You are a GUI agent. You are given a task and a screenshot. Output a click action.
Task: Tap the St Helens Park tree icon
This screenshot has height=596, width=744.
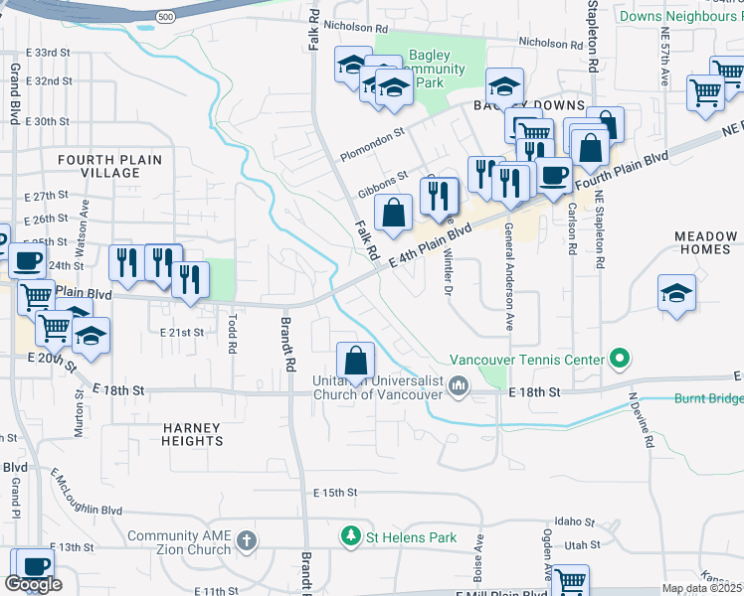350,538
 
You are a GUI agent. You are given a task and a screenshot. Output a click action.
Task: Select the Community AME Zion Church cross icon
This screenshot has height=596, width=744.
247,541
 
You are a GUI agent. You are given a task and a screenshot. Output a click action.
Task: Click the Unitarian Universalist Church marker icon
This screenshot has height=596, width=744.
459,385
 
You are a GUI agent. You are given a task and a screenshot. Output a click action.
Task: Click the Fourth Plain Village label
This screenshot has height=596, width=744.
98,166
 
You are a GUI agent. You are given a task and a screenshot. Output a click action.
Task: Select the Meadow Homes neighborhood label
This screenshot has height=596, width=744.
704,242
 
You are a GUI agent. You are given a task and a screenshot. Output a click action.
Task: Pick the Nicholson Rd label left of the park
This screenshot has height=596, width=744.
353,29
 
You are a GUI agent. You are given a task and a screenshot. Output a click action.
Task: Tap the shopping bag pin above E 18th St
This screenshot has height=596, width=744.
355,360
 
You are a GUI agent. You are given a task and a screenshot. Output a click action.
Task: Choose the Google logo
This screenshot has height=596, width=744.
33,584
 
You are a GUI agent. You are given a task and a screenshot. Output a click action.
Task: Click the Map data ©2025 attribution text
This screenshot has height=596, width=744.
701,588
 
